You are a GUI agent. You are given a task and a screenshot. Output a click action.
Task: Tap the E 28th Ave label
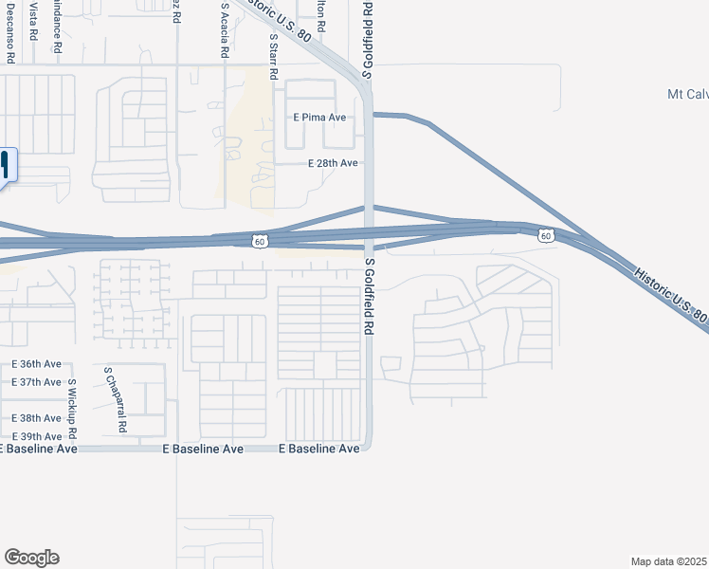pyautogui.click(x=333, y=163)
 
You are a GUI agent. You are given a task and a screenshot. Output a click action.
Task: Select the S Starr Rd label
pyautogui.click(x=273, y=57)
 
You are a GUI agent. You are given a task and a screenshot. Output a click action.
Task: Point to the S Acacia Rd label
pyautogui.click(x=225, y=31)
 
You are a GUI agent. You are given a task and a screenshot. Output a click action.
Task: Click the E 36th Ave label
pyautogui.click(x=37, y=364)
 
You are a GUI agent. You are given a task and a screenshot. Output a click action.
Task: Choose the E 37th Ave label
pyautogui.click(x=37, y=382)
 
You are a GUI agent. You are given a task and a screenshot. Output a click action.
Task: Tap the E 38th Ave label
pyautogui.click(x=37, y=418)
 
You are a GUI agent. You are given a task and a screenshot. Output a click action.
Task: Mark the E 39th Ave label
pyautogui.click(x=37, y=436)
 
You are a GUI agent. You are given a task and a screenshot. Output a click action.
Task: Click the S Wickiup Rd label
pyautogui.click(x=71, y=409)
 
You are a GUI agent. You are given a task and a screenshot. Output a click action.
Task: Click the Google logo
pyautogui.click(x=31, y=558)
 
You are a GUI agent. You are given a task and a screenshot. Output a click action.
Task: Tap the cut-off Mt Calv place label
pyautogui.click(x=687, y=94)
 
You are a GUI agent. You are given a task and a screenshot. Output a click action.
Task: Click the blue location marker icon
pyautogui.click(x=6, y=165)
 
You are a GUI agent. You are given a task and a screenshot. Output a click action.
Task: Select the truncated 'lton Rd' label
pyautogui.click(x=321, y=16)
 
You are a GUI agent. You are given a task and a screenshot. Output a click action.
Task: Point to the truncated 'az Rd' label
pyautogui.click(x=176, y=11)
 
